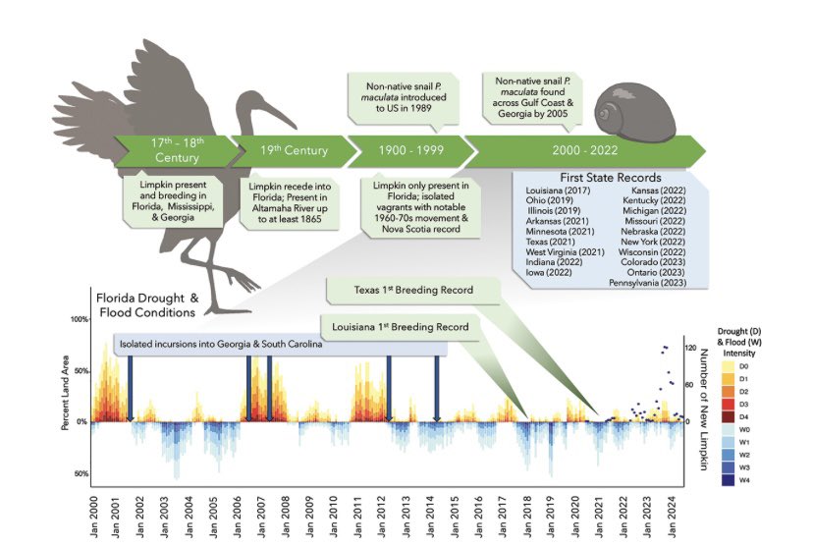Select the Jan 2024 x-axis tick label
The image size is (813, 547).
674,511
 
